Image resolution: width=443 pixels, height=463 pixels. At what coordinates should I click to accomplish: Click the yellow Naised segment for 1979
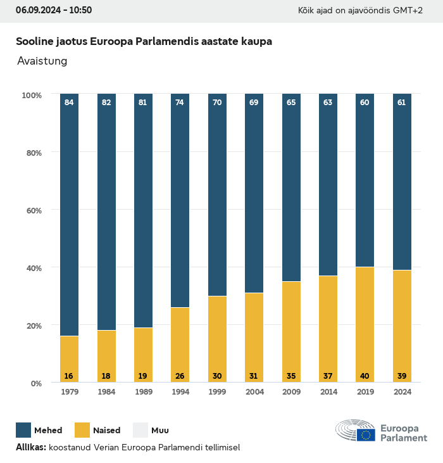[69, 359]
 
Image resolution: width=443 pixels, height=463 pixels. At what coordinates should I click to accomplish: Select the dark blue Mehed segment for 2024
[402, 182]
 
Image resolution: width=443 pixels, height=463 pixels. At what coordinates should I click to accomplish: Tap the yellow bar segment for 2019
[365, 324]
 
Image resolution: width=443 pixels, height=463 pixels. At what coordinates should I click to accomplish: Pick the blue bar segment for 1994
[180, 201]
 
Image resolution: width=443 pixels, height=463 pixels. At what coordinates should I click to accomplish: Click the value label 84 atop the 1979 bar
[69, 103]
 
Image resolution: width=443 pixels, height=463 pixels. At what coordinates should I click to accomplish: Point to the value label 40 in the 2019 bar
[365, 376]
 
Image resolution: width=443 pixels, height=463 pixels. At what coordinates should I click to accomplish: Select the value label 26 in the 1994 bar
[180, 376]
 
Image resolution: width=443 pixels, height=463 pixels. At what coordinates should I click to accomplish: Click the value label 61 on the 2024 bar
[402, 103]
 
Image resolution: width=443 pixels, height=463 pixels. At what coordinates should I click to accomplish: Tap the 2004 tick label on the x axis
[254, 392]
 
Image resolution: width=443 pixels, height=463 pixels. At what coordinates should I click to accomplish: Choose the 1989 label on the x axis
[143, 392]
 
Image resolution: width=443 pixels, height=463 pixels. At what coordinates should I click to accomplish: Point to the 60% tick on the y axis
[32, 210]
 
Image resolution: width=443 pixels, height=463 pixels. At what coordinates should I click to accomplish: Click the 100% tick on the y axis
[31, 95]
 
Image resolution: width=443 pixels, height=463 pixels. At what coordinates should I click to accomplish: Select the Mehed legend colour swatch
[24, 430]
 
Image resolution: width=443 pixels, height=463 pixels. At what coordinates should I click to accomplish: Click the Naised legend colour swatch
[83, 430]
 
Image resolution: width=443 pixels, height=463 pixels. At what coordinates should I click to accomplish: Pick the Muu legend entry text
[159, 431]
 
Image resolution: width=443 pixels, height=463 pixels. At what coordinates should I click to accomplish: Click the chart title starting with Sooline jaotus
[144, 42]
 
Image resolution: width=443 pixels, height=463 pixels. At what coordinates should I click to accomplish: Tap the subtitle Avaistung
[42, 61]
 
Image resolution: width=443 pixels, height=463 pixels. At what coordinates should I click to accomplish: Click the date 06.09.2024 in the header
[37, 11]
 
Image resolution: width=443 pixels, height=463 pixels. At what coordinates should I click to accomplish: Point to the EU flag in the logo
[366, 434]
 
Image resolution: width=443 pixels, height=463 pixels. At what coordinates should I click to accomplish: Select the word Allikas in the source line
[30, 447]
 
